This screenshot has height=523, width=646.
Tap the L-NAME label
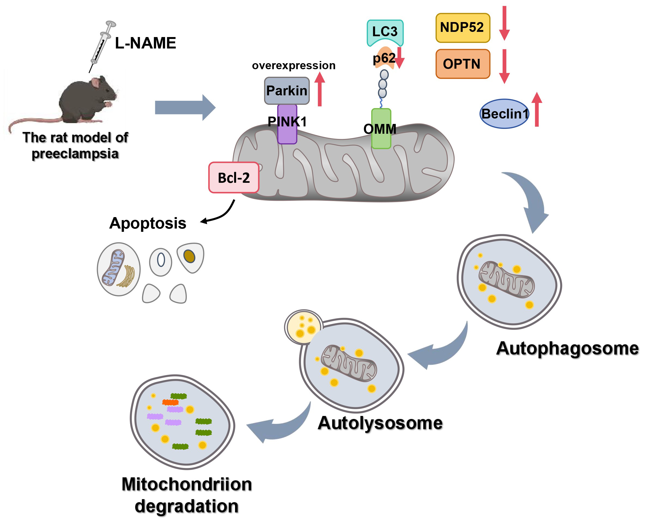[145, 43]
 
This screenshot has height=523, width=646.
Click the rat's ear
[96, 82]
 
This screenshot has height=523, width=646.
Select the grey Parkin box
[287, 91]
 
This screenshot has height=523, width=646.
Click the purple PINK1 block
[287, 133]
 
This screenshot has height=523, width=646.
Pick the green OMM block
[381, 139]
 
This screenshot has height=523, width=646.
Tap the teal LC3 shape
[385, 31]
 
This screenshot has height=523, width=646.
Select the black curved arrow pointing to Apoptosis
[221, 214]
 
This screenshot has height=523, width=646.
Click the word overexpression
[293, 65]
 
